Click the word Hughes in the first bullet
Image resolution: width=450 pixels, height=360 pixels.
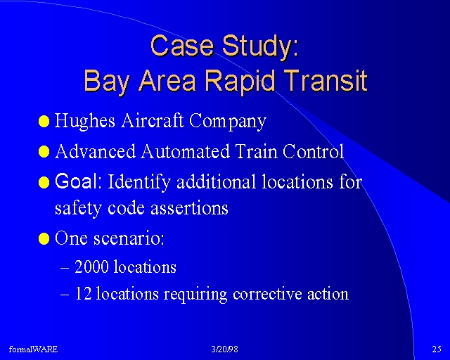click(84, 121)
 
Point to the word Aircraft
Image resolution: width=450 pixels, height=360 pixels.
click(152, 120)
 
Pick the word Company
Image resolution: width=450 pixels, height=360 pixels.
click(228, 122)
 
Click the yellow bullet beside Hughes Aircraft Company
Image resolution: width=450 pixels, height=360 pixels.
click(44, 122)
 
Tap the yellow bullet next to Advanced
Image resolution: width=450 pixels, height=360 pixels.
click(44, 151)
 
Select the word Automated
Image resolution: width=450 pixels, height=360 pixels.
click(186, 151)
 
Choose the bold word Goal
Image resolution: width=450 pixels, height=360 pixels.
click(76, 181)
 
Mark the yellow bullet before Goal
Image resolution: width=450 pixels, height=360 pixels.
click(44, 182)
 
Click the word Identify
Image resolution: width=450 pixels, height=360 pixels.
click(139, 182)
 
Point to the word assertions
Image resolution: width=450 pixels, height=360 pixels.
click(189, 208)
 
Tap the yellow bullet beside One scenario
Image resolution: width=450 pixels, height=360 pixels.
click(44, 238)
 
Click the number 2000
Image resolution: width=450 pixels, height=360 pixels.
click(91, 266)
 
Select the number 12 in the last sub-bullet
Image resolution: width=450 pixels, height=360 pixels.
click(83, 293)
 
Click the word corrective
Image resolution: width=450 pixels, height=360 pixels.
click(267, 294)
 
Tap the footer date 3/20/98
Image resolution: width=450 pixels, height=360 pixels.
click(225, 349)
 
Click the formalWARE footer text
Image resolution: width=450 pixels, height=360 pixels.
click(33, 349)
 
